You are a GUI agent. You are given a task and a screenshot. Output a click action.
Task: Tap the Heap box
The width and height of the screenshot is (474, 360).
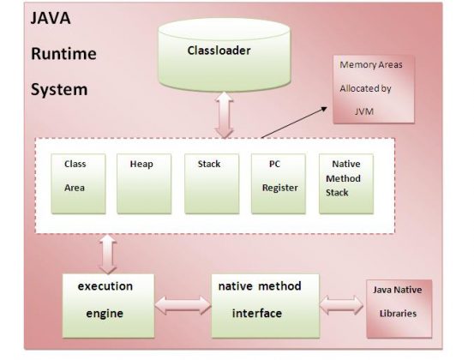[x=143, y=182]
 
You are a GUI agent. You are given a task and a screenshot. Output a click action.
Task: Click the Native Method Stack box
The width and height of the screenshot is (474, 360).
[x=345, y=182]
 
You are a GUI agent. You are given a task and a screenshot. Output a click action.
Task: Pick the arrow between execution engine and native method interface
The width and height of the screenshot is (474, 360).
[x=183, y=303]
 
